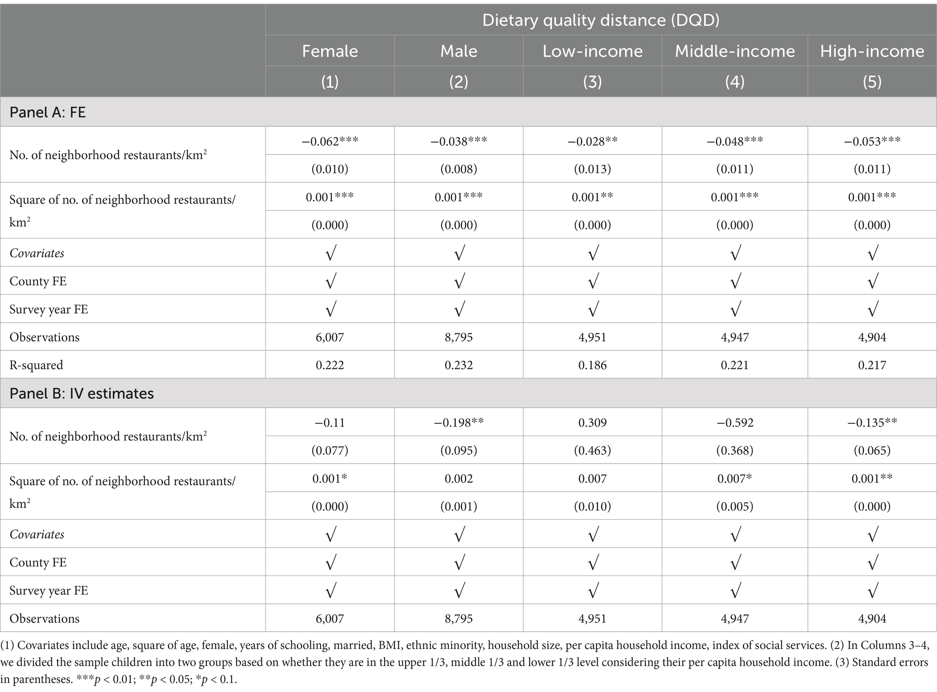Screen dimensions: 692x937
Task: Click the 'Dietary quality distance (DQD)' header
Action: pos(600,20)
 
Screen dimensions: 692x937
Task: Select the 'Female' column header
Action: pos(330,51)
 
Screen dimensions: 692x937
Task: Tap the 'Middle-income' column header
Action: pos(734,51)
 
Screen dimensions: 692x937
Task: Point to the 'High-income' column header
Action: pos(872,51)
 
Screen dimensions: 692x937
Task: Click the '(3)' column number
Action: pos(592,82)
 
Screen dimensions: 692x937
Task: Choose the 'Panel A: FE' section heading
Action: pos(48,112)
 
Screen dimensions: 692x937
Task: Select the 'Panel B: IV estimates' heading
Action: pos(82,393)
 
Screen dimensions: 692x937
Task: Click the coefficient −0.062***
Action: pos(330,141)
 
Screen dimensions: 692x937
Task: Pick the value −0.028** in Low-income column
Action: pos(592,141)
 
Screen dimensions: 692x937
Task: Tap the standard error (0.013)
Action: pos(592,169)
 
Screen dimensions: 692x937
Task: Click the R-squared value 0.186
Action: pos(592,365)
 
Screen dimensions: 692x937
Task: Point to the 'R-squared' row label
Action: pos(36,365)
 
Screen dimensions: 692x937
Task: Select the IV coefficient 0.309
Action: pos(592,422)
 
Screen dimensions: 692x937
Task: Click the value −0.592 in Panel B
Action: pos(734,422)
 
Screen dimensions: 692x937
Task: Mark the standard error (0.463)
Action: pos(592,450)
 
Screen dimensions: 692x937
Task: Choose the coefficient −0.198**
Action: pos(459,422)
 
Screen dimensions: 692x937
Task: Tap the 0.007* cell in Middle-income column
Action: pos(734,479)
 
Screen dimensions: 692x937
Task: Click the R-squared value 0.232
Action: pos(459,365)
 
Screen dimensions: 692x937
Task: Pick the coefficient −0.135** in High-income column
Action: pos(872,422)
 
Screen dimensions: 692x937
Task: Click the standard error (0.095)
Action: pos(459,450)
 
